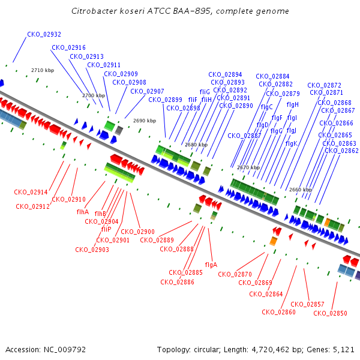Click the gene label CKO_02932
44,34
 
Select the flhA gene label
83,212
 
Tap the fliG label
205,92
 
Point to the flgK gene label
292,144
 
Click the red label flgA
211,265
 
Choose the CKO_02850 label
330,313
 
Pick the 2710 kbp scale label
43,70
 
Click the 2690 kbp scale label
145,121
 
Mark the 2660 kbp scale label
301,190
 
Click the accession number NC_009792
65,350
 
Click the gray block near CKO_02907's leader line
119,130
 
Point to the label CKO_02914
31,192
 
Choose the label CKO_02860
278,312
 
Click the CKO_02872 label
324,85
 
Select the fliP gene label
106,229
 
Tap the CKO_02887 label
244,136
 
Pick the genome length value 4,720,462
271,350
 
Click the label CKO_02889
157,240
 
